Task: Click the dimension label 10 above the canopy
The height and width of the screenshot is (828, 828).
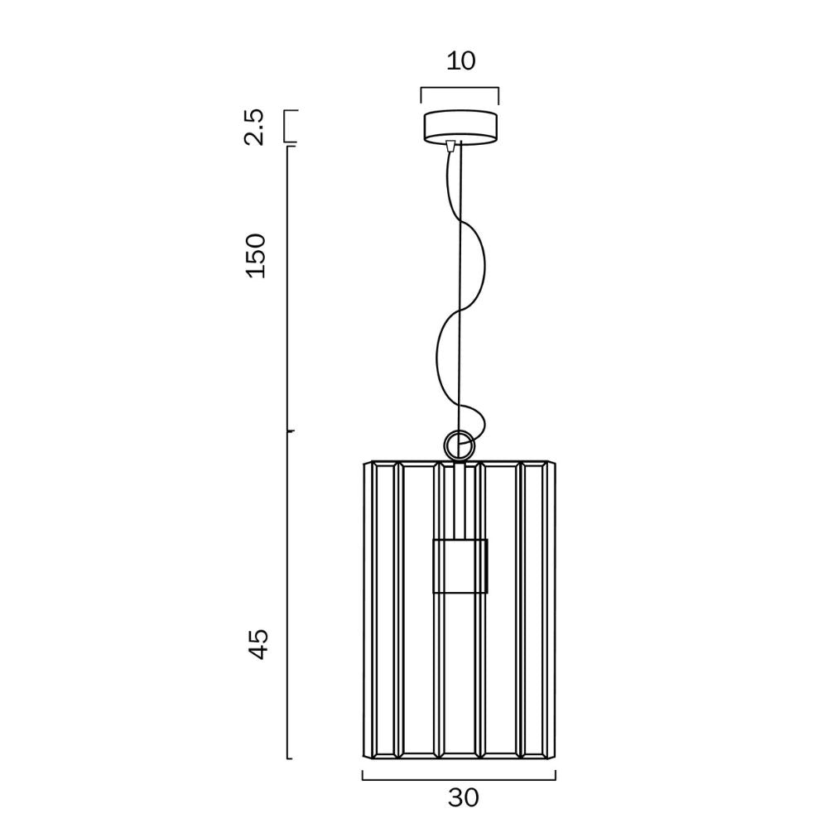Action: click(x=460, y=60)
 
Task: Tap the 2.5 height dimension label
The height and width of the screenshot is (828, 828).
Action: click(x=254, y=127)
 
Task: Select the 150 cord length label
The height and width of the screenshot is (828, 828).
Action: click(x=256, y=256)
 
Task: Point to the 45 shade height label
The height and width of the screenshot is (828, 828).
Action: click(x=258, y=644)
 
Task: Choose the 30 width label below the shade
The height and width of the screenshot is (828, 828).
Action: click(x=463, y=797)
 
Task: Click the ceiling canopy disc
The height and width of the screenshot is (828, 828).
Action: click(x=460, y=127)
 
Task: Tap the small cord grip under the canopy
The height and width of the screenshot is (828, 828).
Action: click(x=450, y=146)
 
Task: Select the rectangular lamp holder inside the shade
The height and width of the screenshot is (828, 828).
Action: click(x=460, y=566)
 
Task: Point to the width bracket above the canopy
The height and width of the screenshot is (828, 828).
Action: click(x=460, y=89)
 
